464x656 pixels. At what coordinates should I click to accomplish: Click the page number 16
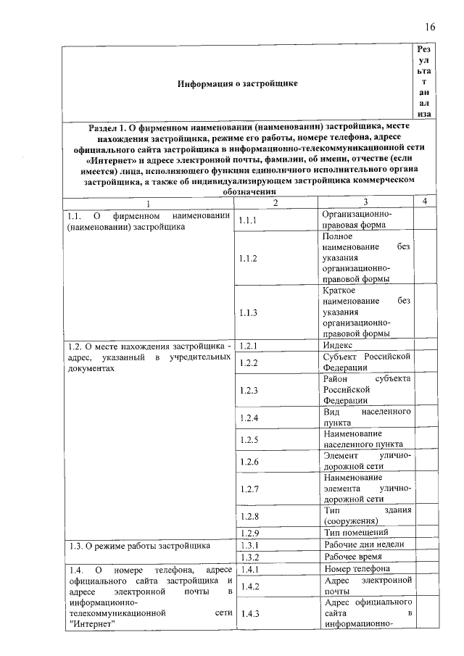[x=430, y=28]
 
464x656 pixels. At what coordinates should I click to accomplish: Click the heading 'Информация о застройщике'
[x=238, y=84]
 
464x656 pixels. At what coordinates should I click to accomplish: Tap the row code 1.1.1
[x=249, y=220]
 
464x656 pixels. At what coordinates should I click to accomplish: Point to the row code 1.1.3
[x=249, y=312]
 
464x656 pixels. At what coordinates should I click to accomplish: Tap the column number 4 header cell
[x=425, y=201]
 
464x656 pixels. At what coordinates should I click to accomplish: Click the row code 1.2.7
[x=249, y=489]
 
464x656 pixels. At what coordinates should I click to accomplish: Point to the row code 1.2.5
[x=249, y=439]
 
